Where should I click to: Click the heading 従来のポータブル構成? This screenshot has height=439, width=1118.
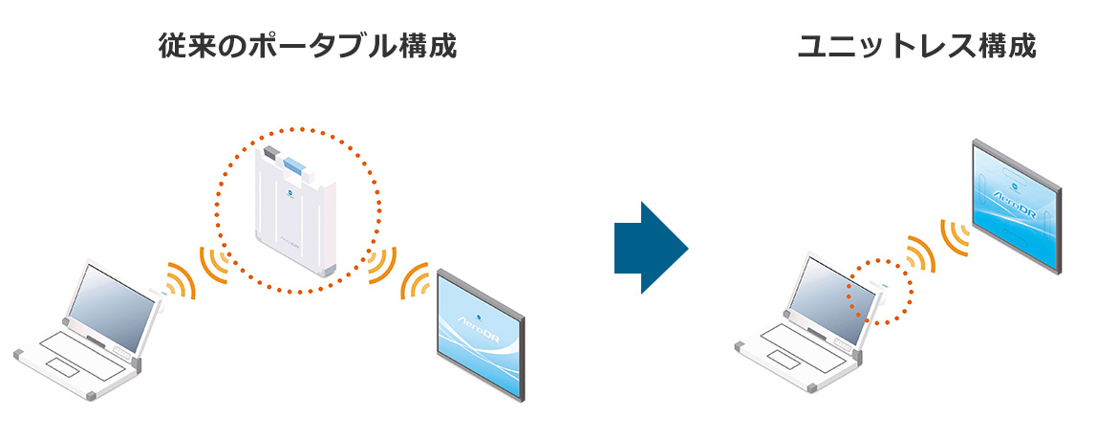pyautogui.click(x=307, y=46)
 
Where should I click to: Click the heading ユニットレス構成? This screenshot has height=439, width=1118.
pyautogui.click(x=916, y=46)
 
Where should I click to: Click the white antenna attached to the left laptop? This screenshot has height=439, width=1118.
pyautogui.click(x=159, y=304)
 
